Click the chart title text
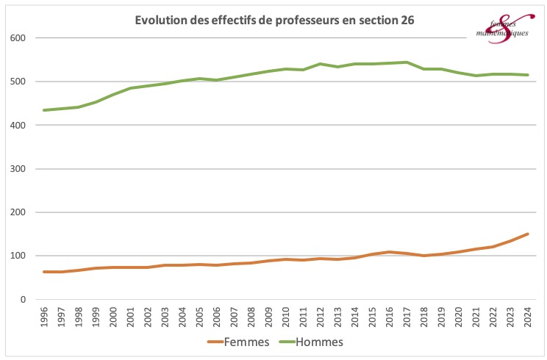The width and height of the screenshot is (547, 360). click(x=274, y=21)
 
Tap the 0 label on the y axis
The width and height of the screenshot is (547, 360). click(x=24, y=300)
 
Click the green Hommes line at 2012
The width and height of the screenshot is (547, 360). click(x=321, y=64)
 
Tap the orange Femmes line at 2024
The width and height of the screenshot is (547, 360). click(x=527, y=234)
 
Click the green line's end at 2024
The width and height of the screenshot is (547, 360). click(x=527, y=75)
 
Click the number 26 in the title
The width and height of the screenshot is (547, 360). click(x=406, y=21)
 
